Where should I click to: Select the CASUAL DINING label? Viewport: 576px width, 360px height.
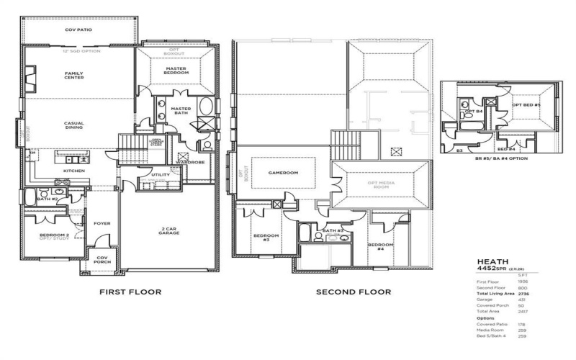pos(74,125)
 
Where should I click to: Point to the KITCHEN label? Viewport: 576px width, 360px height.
pos(74,171)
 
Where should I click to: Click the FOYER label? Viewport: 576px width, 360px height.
pos(102,223)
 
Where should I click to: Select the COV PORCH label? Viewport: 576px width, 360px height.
pos(102,259)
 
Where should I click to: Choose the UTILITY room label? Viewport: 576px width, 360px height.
pos(160,175)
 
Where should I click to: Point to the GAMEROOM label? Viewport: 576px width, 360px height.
pos(283,173)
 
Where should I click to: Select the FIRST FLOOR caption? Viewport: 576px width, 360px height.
pos(130,292)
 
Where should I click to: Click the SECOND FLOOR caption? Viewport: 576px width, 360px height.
pos(354,292)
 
